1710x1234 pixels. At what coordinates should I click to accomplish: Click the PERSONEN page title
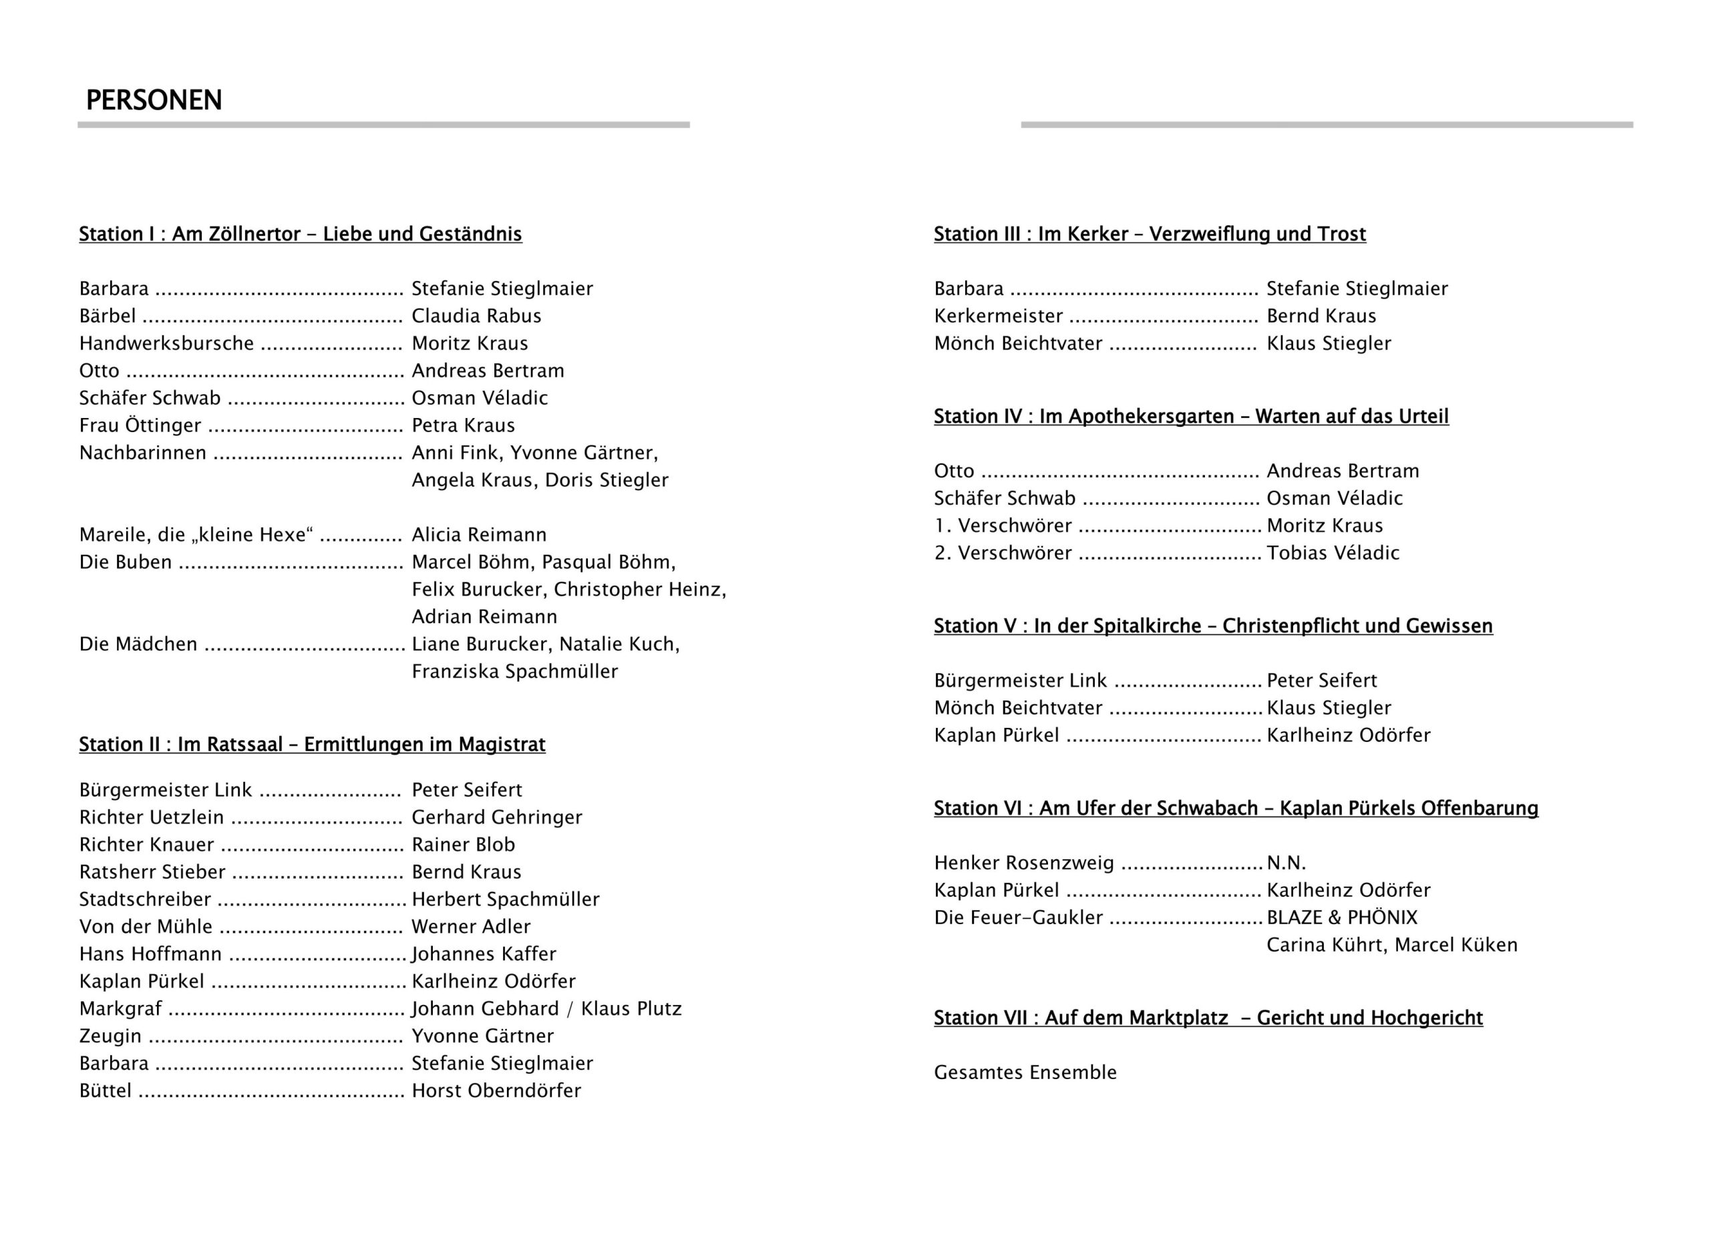coord(154,100)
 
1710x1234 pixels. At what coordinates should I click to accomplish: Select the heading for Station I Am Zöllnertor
coord(300,234)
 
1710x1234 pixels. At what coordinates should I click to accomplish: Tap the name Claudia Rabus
coord(476,316)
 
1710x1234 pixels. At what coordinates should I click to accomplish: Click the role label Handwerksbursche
coord(166,344)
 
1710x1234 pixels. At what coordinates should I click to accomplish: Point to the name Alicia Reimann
coord(479,536)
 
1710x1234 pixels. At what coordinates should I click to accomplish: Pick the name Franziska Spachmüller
coord(514,672)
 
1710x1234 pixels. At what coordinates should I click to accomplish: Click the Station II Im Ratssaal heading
coord(312,745)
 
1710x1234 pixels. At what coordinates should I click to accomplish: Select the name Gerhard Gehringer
coord(496,817)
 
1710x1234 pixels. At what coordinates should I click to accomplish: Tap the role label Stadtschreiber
coord(145,899)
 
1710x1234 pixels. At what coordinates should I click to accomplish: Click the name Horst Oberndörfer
coord(496,1091)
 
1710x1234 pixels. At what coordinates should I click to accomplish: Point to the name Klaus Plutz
coord(631,1008)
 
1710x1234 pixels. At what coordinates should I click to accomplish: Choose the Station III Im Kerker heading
coord(1149,234)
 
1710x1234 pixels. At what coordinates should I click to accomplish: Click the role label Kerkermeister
coord(998,316)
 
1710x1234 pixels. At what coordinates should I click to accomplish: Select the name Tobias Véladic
coord(1332,554)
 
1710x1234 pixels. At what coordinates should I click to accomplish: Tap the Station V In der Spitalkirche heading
coord(1212,626)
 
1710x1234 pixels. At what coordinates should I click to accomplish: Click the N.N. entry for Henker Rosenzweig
coord(1286,863)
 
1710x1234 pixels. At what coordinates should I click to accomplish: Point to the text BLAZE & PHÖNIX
coord(1341,917)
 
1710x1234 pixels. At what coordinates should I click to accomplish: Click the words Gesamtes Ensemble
coord(1025,1072)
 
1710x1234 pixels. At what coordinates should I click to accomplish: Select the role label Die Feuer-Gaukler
coord(1018,917)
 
